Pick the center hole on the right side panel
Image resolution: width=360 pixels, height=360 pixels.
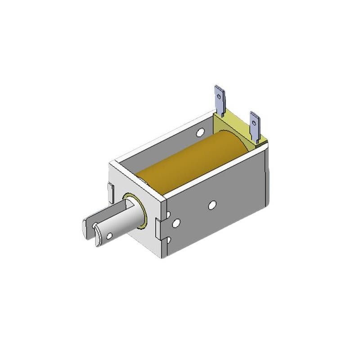[212, 205]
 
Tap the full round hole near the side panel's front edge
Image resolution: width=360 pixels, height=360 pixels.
[176, 222]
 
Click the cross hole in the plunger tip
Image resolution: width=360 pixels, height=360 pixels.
[108, 235]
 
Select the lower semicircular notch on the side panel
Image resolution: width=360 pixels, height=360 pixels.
[168, 241]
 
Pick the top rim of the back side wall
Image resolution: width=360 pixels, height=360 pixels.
[162, 138]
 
